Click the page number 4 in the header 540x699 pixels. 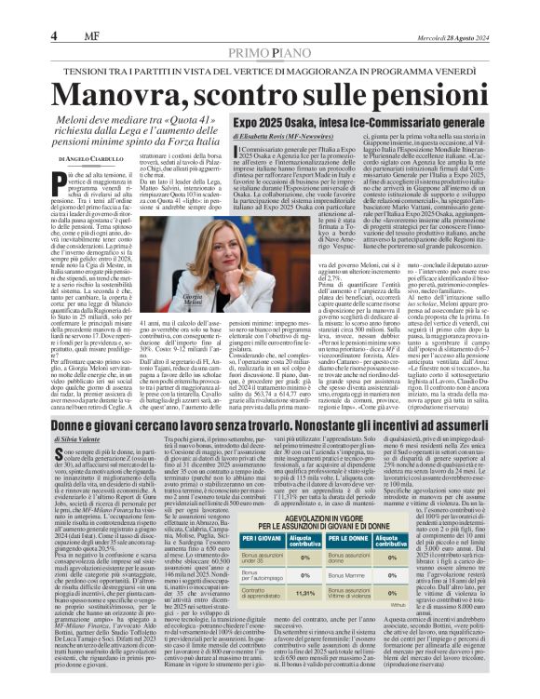click(x=53, y=35)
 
